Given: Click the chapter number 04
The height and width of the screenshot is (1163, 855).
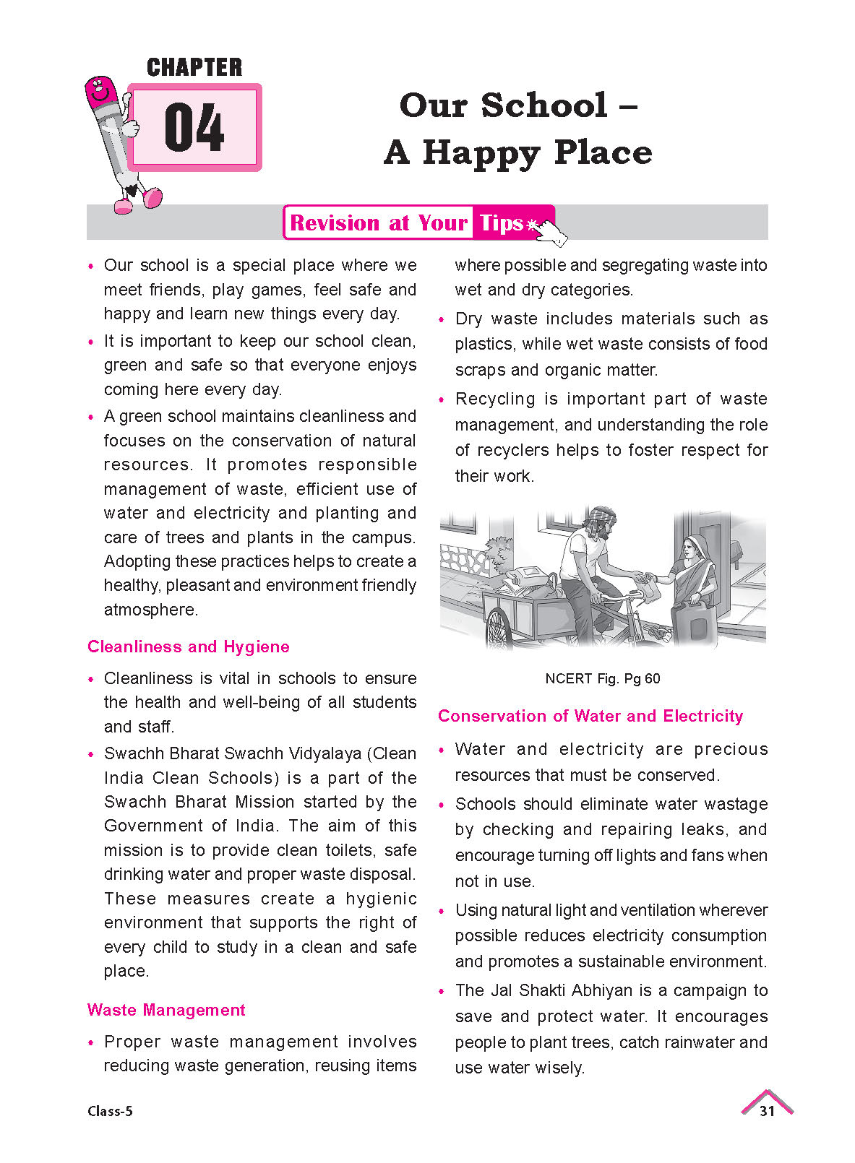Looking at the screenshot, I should [194, 128].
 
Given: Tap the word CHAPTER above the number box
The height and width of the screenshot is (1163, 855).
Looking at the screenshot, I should [194, 68].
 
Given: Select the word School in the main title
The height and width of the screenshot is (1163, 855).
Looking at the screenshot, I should [543, 105].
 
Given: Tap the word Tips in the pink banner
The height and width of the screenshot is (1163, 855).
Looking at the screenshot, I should [501, 223].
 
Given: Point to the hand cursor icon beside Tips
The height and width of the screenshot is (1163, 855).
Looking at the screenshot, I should [551, 233].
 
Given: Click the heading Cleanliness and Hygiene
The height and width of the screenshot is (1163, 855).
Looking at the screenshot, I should [188, 647].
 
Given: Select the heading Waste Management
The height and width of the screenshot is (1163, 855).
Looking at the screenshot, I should [166, 1010].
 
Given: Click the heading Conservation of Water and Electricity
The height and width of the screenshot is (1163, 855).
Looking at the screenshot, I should [590, 716].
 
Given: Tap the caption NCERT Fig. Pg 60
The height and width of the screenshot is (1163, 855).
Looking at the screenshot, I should [602, 678].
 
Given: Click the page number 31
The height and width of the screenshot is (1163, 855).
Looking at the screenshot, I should [767, 1111].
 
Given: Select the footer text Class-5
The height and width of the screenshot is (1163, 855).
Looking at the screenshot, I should [110, 1111].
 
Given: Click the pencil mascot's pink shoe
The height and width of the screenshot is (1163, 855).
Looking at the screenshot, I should [152, 198].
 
